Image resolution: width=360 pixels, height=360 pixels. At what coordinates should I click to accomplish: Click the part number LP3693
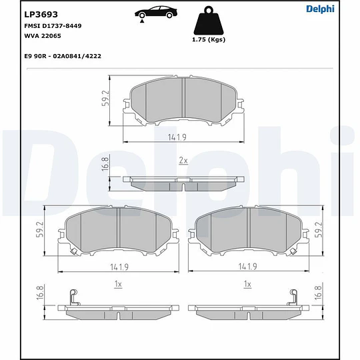pyautogui.click(x=41, y=15)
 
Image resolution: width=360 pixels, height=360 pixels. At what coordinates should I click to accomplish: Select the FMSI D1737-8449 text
pyautogui.click(x=53, y=26)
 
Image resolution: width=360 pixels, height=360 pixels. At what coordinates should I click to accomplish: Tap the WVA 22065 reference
pyautogui.click(x=43, y=36)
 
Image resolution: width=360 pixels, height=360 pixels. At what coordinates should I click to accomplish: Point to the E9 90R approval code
pyautogui.click(x=63, y=56)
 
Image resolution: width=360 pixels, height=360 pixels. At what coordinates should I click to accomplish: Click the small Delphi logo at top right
pyautogui.click(x=320, y=9)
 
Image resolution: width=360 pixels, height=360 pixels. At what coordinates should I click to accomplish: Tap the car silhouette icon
pyautogui.click(x=156, y=13)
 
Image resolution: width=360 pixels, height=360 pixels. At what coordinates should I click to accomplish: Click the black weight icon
pyautogui.click(x=209, y=21)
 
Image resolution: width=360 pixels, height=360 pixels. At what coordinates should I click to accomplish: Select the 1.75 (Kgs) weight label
pyautogui.click(x=209, y=39)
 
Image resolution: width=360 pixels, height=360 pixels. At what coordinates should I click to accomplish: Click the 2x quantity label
pyautogui.click(x=183, y=161)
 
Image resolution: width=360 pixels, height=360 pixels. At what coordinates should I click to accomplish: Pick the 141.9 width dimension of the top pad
pyautogui.click(x=177, y=137)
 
